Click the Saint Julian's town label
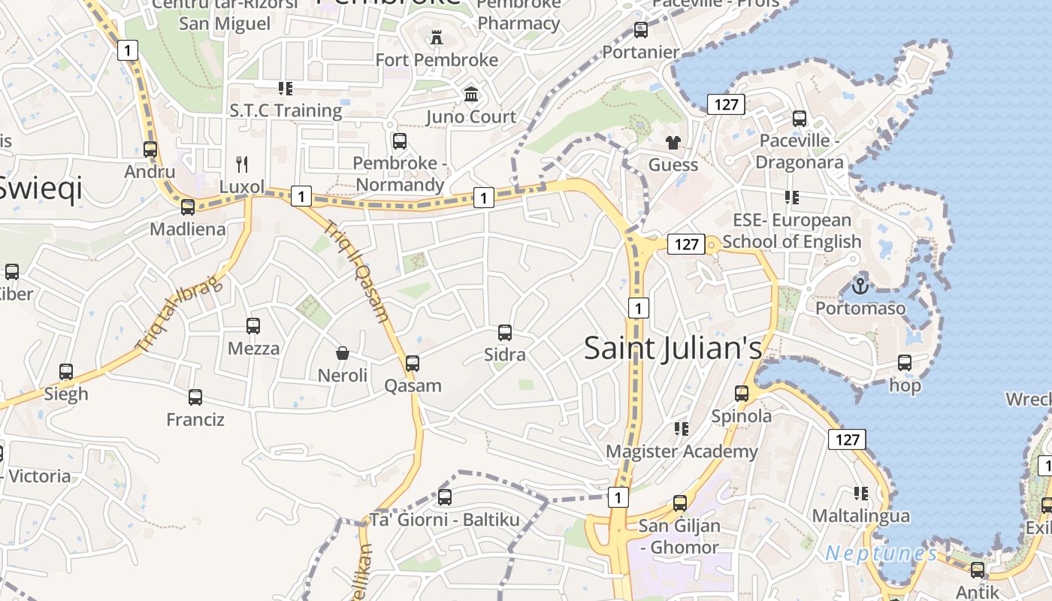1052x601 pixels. coord(673,348)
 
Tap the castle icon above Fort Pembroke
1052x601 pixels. coord(435,37)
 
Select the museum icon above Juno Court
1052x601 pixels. coord(471,94)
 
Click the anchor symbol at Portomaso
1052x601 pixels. coord(860,285)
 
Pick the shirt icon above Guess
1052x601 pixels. coord(673,142)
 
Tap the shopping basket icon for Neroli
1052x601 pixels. coord(343,352)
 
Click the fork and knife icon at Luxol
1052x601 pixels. coord(242,164)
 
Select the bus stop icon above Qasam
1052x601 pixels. coord(412,364)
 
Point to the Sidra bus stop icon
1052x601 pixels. coord(505,332)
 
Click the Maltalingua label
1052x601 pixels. coord(861,516)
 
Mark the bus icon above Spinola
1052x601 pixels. coord(742,393)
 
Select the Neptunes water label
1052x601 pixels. coord(881,554)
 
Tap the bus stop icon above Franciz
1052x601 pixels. coord(195,397)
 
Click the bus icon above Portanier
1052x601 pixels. coord(641,30)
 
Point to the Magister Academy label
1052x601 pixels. coord(682,451)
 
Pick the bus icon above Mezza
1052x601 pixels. coord(253,326)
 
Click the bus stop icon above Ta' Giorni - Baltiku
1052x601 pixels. coord(445,497)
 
